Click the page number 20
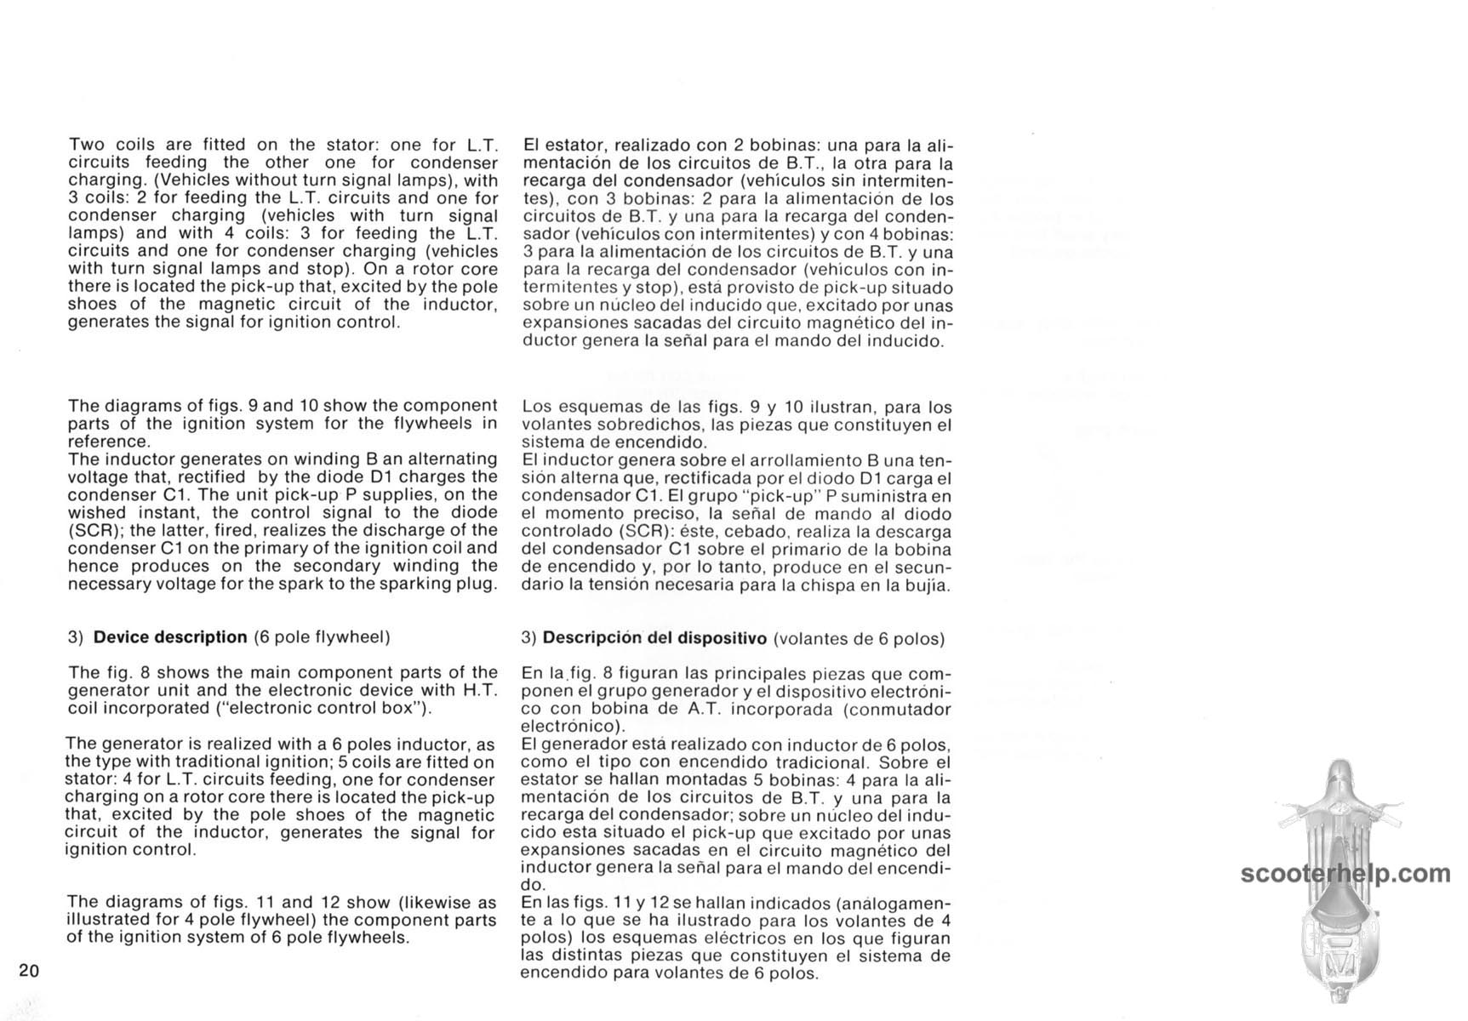[x=28, y=971]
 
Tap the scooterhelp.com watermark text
[x=1345, y=873]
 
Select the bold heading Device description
[x=170, y=637]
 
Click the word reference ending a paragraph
[x=107, y=441]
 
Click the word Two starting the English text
[x=86, y=145]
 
